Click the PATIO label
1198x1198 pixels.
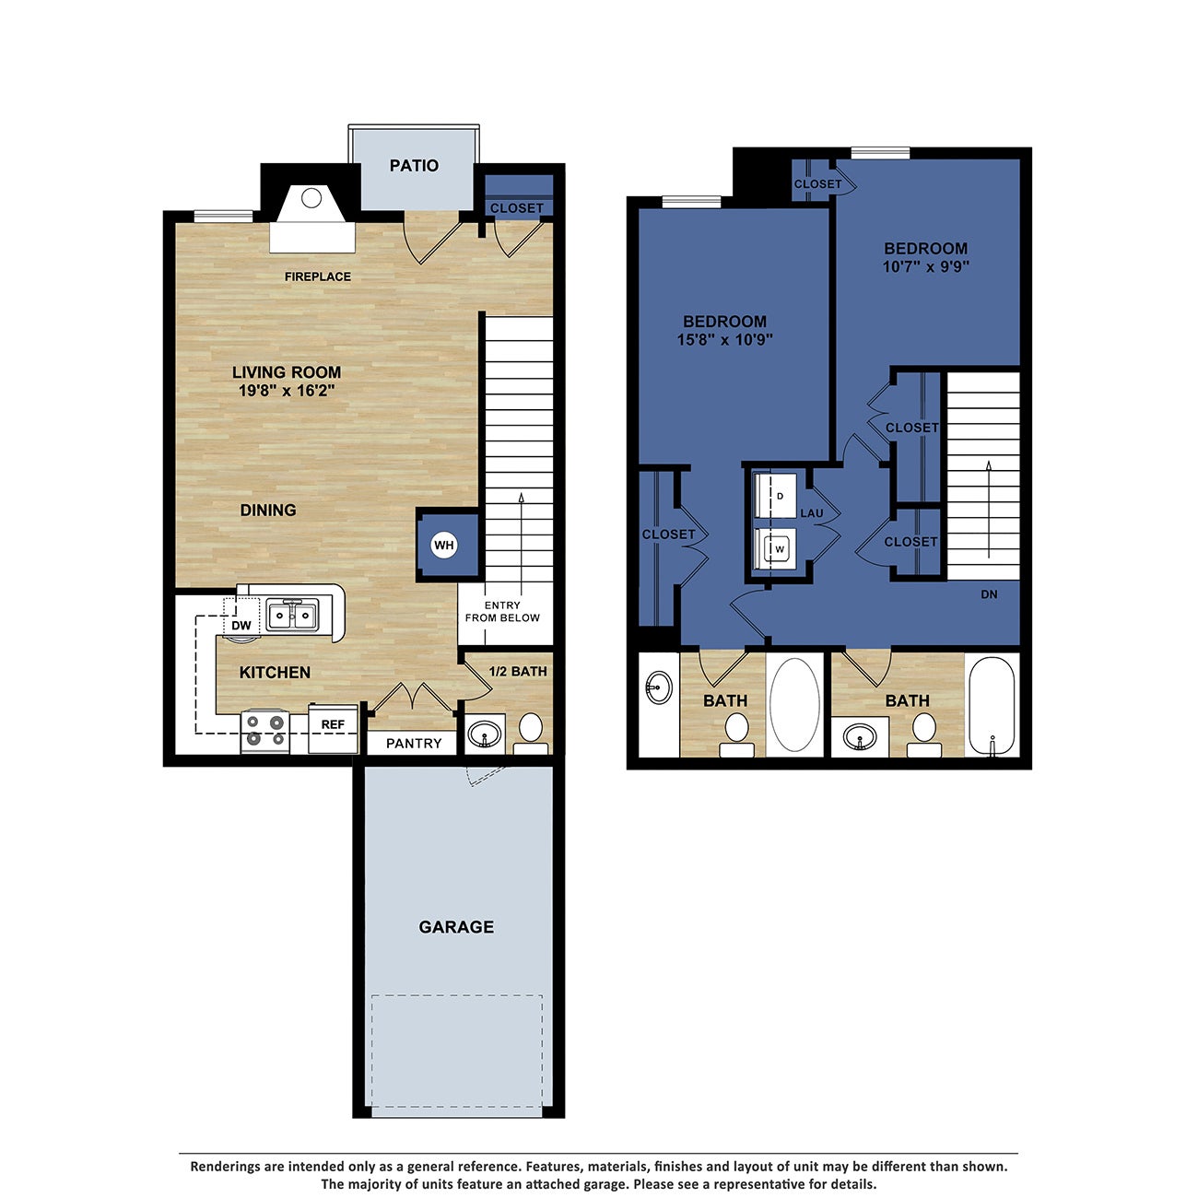[x=414, y=166]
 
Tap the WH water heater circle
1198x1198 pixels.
[x=444, y=546]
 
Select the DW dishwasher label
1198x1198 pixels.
[x=241, y=626]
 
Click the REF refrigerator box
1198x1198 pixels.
[x=333, y=725]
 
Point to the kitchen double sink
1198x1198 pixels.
[x=293, y=615]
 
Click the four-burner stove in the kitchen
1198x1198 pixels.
[x=264, y=731]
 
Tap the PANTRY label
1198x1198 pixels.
[x=414, y=744]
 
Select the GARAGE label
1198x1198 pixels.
[x=456, y=927]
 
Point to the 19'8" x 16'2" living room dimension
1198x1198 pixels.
[x=286, y=391]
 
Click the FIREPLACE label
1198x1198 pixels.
[x=317, y=276]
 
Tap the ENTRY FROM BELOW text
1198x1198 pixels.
[x=502, y=612]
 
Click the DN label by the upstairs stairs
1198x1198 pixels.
[x=989, y=594]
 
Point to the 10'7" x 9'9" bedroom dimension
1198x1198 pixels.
[x=925, y=267]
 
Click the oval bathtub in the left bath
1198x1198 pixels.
[x=794, y=705]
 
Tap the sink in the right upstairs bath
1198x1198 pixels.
[x=861, y=736]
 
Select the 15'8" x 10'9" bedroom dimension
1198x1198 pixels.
[x=724, y=339]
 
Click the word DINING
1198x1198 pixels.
[x=268, y=511]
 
